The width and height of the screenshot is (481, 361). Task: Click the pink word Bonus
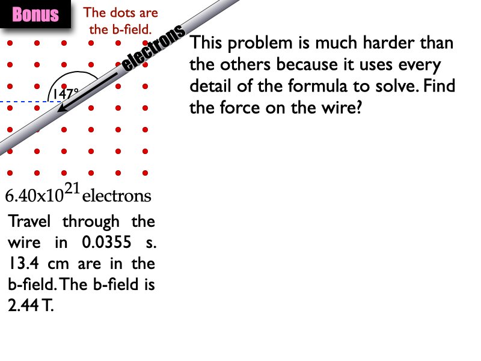click(x=35, y=15)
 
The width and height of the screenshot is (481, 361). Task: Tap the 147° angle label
click(x=64, y=94)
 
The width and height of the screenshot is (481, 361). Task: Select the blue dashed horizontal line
click(x=24, y=102)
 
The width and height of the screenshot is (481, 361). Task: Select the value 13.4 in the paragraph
click(x=22, y=264)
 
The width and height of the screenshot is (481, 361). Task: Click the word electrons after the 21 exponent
click(x=117, y=196)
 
